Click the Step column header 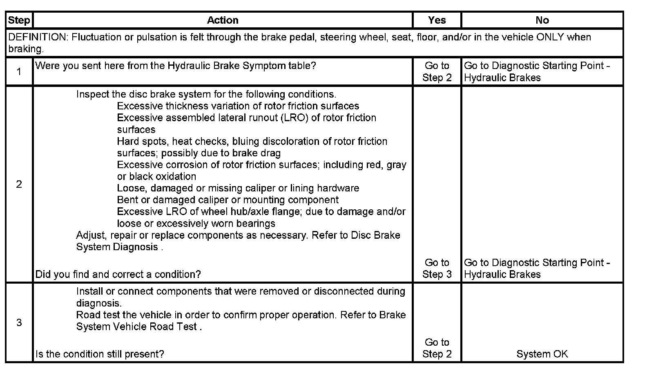[19, 20]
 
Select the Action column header [222, 20]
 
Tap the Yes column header [437, 20]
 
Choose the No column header [542, 20]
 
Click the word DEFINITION [37, 37]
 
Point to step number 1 [19, 72]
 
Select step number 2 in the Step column [19, 184]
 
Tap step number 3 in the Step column [19, 323]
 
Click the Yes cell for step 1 [437, 72]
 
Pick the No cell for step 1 [537, 72]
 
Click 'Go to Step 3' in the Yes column [437, 269]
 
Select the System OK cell [542, 354]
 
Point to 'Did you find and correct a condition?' [118, 274]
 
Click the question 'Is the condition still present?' [100, 354]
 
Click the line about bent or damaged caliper [228, 200]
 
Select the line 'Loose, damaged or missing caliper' [238, 188]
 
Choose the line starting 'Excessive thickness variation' [238, 106]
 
